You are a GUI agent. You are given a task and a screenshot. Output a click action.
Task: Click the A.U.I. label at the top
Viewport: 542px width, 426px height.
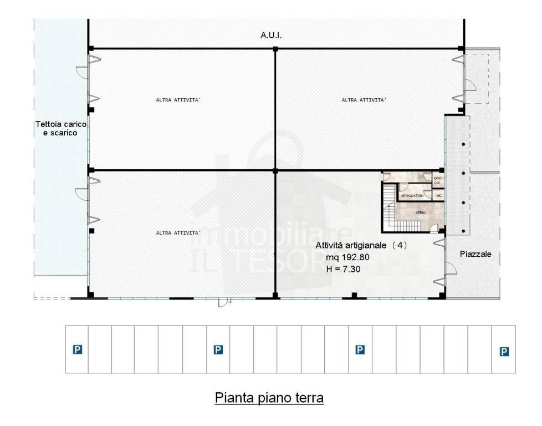tap(271, 35)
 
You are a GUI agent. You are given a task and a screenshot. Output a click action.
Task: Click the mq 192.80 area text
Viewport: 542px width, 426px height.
tap(346, 257)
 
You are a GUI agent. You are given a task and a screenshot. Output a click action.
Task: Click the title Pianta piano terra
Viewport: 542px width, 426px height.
tap(269, 398)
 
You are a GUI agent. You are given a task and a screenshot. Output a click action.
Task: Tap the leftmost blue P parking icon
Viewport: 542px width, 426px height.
tap(77, 349)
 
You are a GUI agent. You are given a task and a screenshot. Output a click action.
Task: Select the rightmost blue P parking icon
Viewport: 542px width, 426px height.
tap(504, 351)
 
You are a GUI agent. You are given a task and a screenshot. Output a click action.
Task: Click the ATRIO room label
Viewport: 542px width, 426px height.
tap(421, 212)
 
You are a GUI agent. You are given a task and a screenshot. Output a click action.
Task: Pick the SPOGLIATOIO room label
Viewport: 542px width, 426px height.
tap(412, 196)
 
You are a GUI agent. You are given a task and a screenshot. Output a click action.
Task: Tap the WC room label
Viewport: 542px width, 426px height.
tap(438, 196)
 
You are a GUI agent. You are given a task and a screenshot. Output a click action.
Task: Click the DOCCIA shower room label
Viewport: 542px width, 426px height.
tap(437, 180)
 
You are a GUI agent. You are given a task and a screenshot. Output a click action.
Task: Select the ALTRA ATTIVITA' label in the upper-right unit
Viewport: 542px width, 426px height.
tap(364, 100)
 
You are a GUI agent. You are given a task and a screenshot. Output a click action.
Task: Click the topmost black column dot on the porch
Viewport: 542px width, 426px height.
tap(463, 145)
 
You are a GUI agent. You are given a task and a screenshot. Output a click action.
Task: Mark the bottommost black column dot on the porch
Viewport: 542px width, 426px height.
tap(463, 231)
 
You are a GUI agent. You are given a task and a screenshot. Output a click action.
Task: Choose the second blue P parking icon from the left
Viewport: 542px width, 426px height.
tap(218, 349)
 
